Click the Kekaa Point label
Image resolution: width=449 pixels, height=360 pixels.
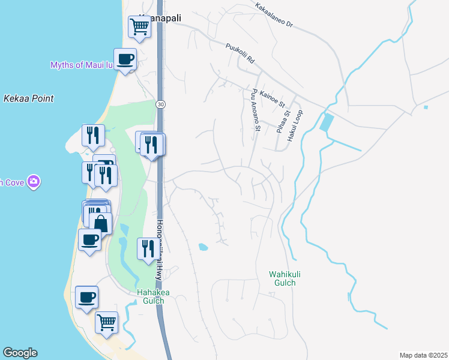pos(28,98)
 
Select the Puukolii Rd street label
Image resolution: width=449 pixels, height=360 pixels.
pos(241,53)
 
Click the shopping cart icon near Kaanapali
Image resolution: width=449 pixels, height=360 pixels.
pos(139,26)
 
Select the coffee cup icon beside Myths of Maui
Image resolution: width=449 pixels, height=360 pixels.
pos(125,59)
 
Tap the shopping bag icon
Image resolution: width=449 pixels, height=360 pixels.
pos(101,223)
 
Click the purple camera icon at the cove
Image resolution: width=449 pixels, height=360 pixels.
pos(34,181)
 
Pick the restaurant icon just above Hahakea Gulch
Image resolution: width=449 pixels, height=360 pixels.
pos(148,248)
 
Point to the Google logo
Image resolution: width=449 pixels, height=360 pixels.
pos(19,353)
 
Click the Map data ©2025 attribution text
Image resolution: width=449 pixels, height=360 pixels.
pos(423,355)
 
